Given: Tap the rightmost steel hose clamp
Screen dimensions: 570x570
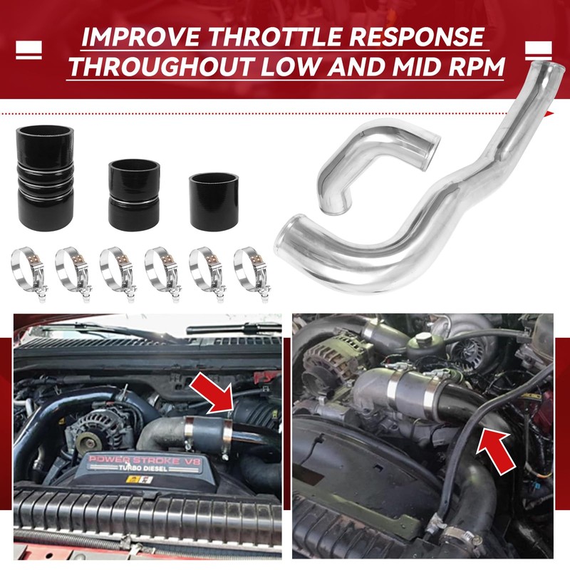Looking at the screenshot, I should click(x=251, y=271).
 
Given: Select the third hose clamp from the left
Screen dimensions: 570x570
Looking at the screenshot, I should click(x=117, y=271).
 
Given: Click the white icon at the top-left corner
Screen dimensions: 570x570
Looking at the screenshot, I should click(x=28, y=52).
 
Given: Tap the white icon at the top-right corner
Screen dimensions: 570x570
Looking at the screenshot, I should click(x=540, y=52).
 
